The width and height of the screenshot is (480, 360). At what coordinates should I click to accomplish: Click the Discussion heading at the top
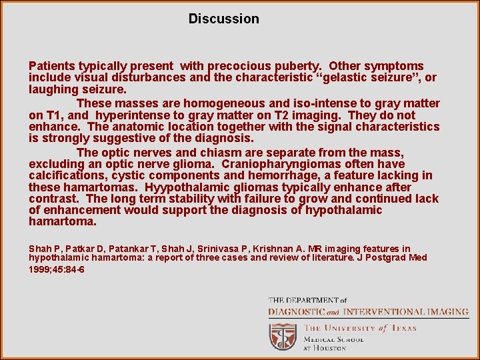point(223,19)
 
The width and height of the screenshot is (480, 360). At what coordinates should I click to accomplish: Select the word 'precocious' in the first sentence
point(238,66)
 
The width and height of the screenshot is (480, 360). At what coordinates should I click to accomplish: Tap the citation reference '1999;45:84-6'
point(57,269)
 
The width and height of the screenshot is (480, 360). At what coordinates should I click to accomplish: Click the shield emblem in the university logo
point(283,336)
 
